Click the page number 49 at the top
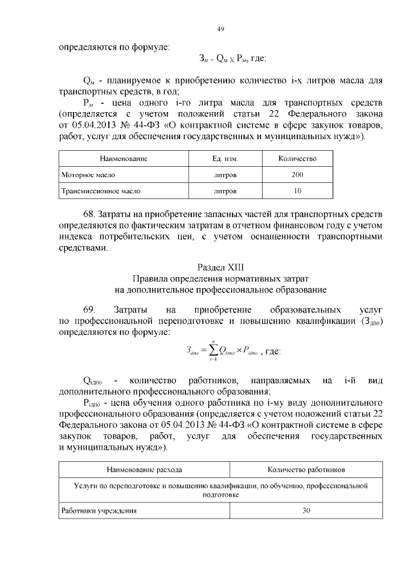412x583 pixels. pos(220,29)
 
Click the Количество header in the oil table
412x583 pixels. pos(297,158)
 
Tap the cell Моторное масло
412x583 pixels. pos(84,175)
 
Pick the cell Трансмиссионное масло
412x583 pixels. pos(101,191)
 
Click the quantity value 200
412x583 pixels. pos(297,175)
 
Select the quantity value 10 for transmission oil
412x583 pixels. pos(297,191)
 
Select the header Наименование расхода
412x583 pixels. pos(144,470)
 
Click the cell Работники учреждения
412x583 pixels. pos(98,511)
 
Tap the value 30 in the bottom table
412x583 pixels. pos(306,511)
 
